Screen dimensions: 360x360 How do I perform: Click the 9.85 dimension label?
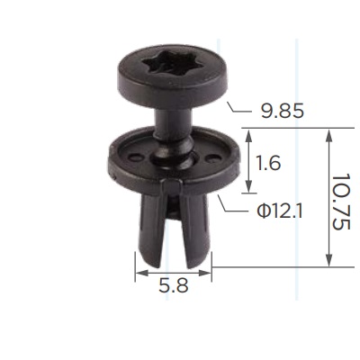[x=283, y=112]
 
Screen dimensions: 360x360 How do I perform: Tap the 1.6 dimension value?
[x=267, y=164]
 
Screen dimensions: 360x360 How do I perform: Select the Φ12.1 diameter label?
[x=280, y=211]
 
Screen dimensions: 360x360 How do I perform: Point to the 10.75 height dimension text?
[x=341, y=202]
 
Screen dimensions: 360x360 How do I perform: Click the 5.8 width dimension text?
[x=174, y=285]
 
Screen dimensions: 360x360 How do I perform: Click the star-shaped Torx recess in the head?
[x=161, y=64]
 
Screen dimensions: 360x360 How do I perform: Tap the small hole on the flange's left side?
[x=135, y=157]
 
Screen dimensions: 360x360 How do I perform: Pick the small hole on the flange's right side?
[x=213, y=157]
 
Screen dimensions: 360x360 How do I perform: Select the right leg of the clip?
[x=195, y=229]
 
